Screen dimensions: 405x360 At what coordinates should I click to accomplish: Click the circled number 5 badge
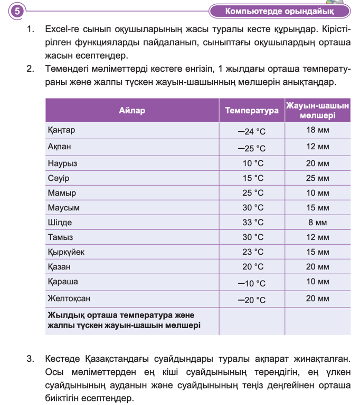coord(17,11)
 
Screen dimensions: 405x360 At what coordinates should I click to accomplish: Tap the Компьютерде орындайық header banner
coord(279,11)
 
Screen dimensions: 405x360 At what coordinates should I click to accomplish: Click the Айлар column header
coord(132,110)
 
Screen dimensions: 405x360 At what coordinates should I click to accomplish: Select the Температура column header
coord(252,110)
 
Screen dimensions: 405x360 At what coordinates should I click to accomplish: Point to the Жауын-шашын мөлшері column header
coord(317,110)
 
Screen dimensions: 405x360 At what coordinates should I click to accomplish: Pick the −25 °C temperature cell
coord(252,148)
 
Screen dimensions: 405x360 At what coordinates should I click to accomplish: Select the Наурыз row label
coord(62,163)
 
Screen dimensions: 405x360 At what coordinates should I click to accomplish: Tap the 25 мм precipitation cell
coord(317,178)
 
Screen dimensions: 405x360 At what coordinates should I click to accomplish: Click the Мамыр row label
coord(62,192)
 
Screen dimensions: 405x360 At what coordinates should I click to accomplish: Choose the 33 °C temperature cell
coord(252,222)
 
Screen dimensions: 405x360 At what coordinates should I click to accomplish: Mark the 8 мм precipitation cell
coord(317,222)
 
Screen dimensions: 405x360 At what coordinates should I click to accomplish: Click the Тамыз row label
coord(60,237)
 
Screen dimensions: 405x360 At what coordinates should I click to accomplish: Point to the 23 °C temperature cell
coord(252,252)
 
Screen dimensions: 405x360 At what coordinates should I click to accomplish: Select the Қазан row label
coord(59,266)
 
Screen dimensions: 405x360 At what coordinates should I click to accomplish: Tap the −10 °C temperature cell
coord(252,283)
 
